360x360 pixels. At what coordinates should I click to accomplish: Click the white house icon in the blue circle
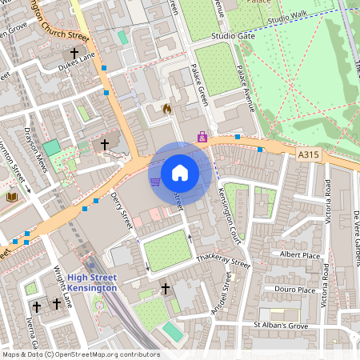[x=180, y=172]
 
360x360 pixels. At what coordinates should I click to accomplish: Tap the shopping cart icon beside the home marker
[x=155, y=182]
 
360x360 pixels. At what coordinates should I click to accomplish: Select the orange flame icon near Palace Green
[x=166, y=108]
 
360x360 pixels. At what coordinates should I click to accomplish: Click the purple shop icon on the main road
[x=202, y=138]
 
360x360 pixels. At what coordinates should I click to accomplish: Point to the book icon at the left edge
[x=11, y=196]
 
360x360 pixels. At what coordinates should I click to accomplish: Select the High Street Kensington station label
[x=98, y=282]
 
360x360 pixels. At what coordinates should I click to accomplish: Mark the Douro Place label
[x=294, y=290]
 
